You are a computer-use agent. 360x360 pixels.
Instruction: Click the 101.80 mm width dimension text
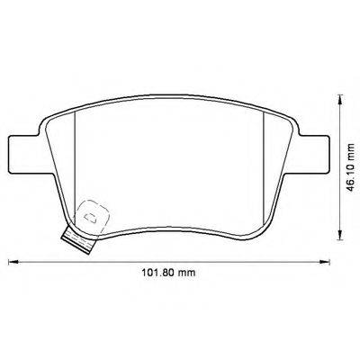pos(171,274)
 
